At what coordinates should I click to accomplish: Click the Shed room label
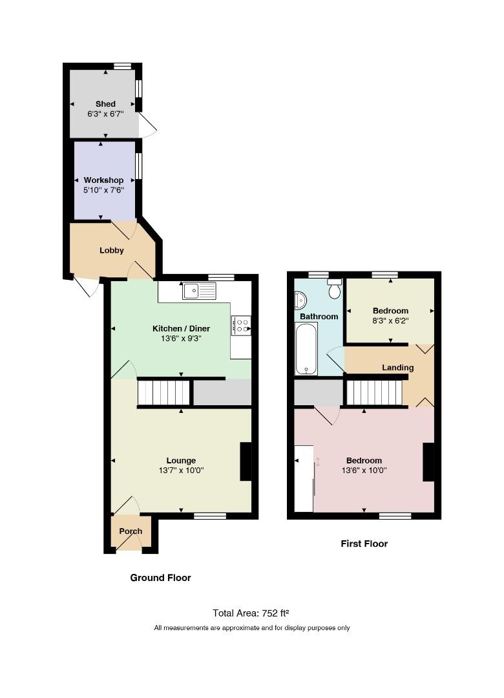click(105, 103)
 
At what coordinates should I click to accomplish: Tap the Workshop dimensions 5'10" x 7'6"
click(104, 190)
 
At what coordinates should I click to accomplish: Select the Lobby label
click(111, 250)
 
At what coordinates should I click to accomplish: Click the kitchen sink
click(199, 291)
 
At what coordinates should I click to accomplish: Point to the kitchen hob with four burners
click(241, 325)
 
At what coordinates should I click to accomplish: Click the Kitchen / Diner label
click(181, 328)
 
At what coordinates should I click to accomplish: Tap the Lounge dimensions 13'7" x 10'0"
click(181, 471)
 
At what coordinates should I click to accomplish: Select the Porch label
click(131, 531)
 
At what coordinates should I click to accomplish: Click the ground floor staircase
click(164, 392)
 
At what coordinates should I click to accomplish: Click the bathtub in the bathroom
click(306, 349)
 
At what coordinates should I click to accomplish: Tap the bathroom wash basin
click(301, 301)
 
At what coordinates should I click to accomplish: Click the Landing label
click(397, 368)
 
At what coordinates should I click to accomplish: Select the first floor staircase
click(374, 392)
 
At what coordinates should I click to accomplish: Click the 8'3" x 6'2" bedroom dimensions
click(390, 321)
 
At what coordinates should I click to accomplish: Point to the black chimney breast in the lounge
click(246, 461)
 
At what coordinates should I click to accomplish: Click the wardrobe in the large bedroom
click(304, 478)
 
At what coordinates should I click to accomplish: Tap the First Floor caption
click(364, 544)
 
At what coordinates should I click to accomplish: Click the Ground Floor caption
click(160, 578)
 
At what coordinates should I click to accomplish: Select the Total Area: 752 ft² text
click(251, 613)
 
